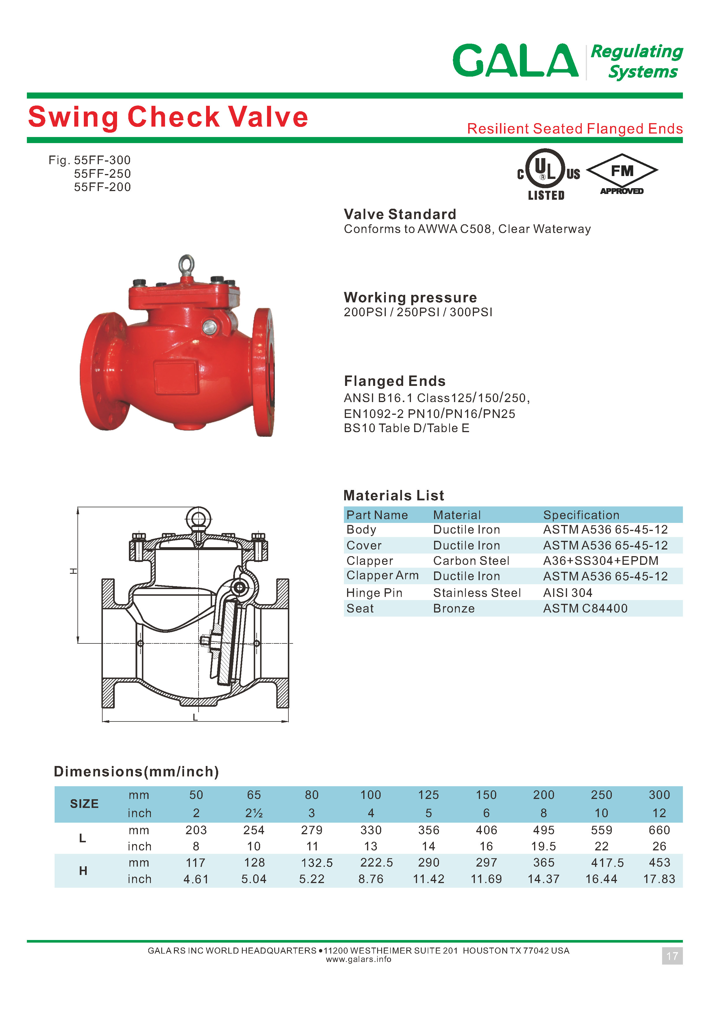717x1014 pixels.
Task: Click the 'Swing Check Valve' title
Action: click(168, 117)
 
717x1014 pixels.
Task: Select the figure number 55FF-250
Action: click(102, 173)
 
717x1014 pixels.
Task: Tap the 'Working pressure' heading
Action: click(410, 297)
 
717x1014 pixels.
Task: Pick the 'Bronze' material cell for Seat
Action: click(454, 608)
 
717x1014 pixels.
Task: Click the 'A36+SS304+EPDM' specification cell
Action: click(601, 561)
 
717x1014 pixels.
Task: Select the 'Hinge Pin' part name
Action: click(374, 593)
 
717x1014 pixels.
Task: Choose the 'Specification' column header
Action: click(581, 515)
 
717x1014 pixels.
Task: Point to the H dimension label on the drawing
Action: click(74, 571)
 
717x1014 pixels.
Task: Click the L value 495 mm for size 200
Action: click(544, 830)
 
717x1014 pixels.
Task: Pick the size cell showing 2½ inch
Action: click(254, 813)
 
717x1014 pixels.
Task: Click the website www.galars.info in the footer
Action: click(358, 959)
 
